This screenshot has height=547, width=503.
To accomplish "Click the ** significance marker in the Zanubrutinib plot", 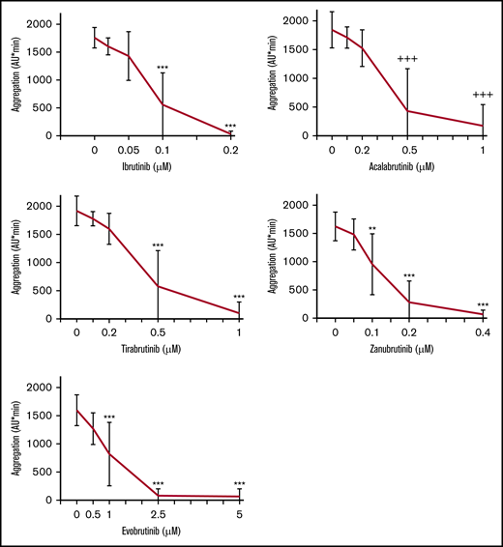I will point(372,230).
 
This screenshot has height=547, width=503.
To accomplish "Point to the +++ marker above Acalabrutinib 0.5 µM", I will point(407,60).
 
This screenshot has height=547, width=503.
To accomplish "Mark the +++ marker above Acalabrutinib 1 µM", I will point(482,94).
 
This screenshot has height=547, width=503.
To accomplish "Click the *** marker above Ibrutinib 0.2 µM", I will point(230,127).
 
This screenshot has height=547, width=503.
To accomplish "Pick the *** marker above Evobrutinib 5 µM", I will point(238,484).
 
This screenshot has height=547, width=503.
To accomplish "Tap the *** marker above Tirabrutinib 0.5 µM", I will point(158,246).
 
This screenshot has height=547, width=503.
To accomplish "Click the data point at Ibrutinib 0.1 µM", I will point(163,104).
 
